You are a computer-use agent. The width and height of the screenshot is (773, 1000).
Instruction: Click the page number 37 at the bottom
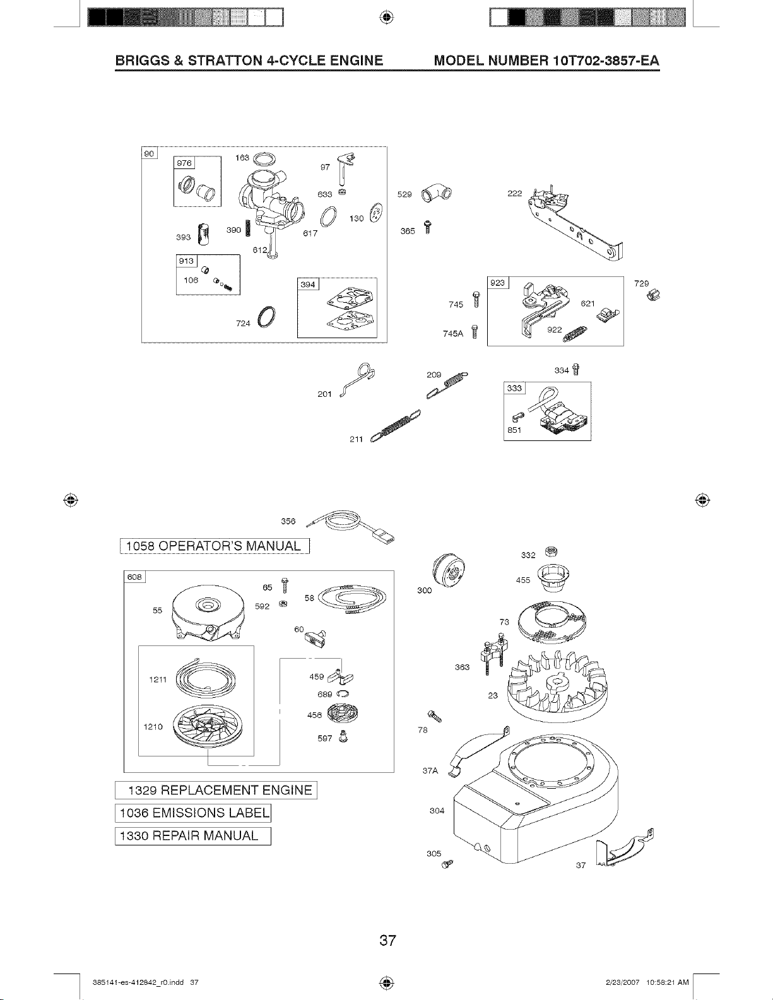(387, 941)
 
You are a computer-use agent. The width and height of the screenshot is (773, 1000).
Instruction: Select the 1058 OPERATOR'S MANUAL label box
(212, 546)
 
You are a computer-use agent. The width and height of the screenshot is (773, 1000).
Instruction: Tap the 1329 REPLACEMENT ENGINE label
(216, 790)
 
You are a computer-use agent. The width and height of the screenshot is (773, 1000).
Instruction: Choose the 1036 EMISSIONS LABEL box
(193, 813)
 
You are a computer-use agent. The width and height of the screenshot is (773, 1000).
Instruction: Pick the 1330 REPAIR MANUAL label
(193, 836)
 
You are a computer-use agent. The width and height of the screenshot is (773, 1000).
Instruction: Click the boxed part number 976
(186, 163)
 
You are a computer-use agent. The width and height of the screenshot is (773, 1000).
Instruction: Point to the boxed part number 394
(308, 285)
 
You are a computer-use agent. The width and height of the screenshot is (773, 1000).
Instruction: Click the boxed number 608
(135, 577)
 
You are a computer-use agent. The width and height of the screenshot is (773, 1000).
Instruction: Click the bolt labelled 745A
(475, 332)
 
